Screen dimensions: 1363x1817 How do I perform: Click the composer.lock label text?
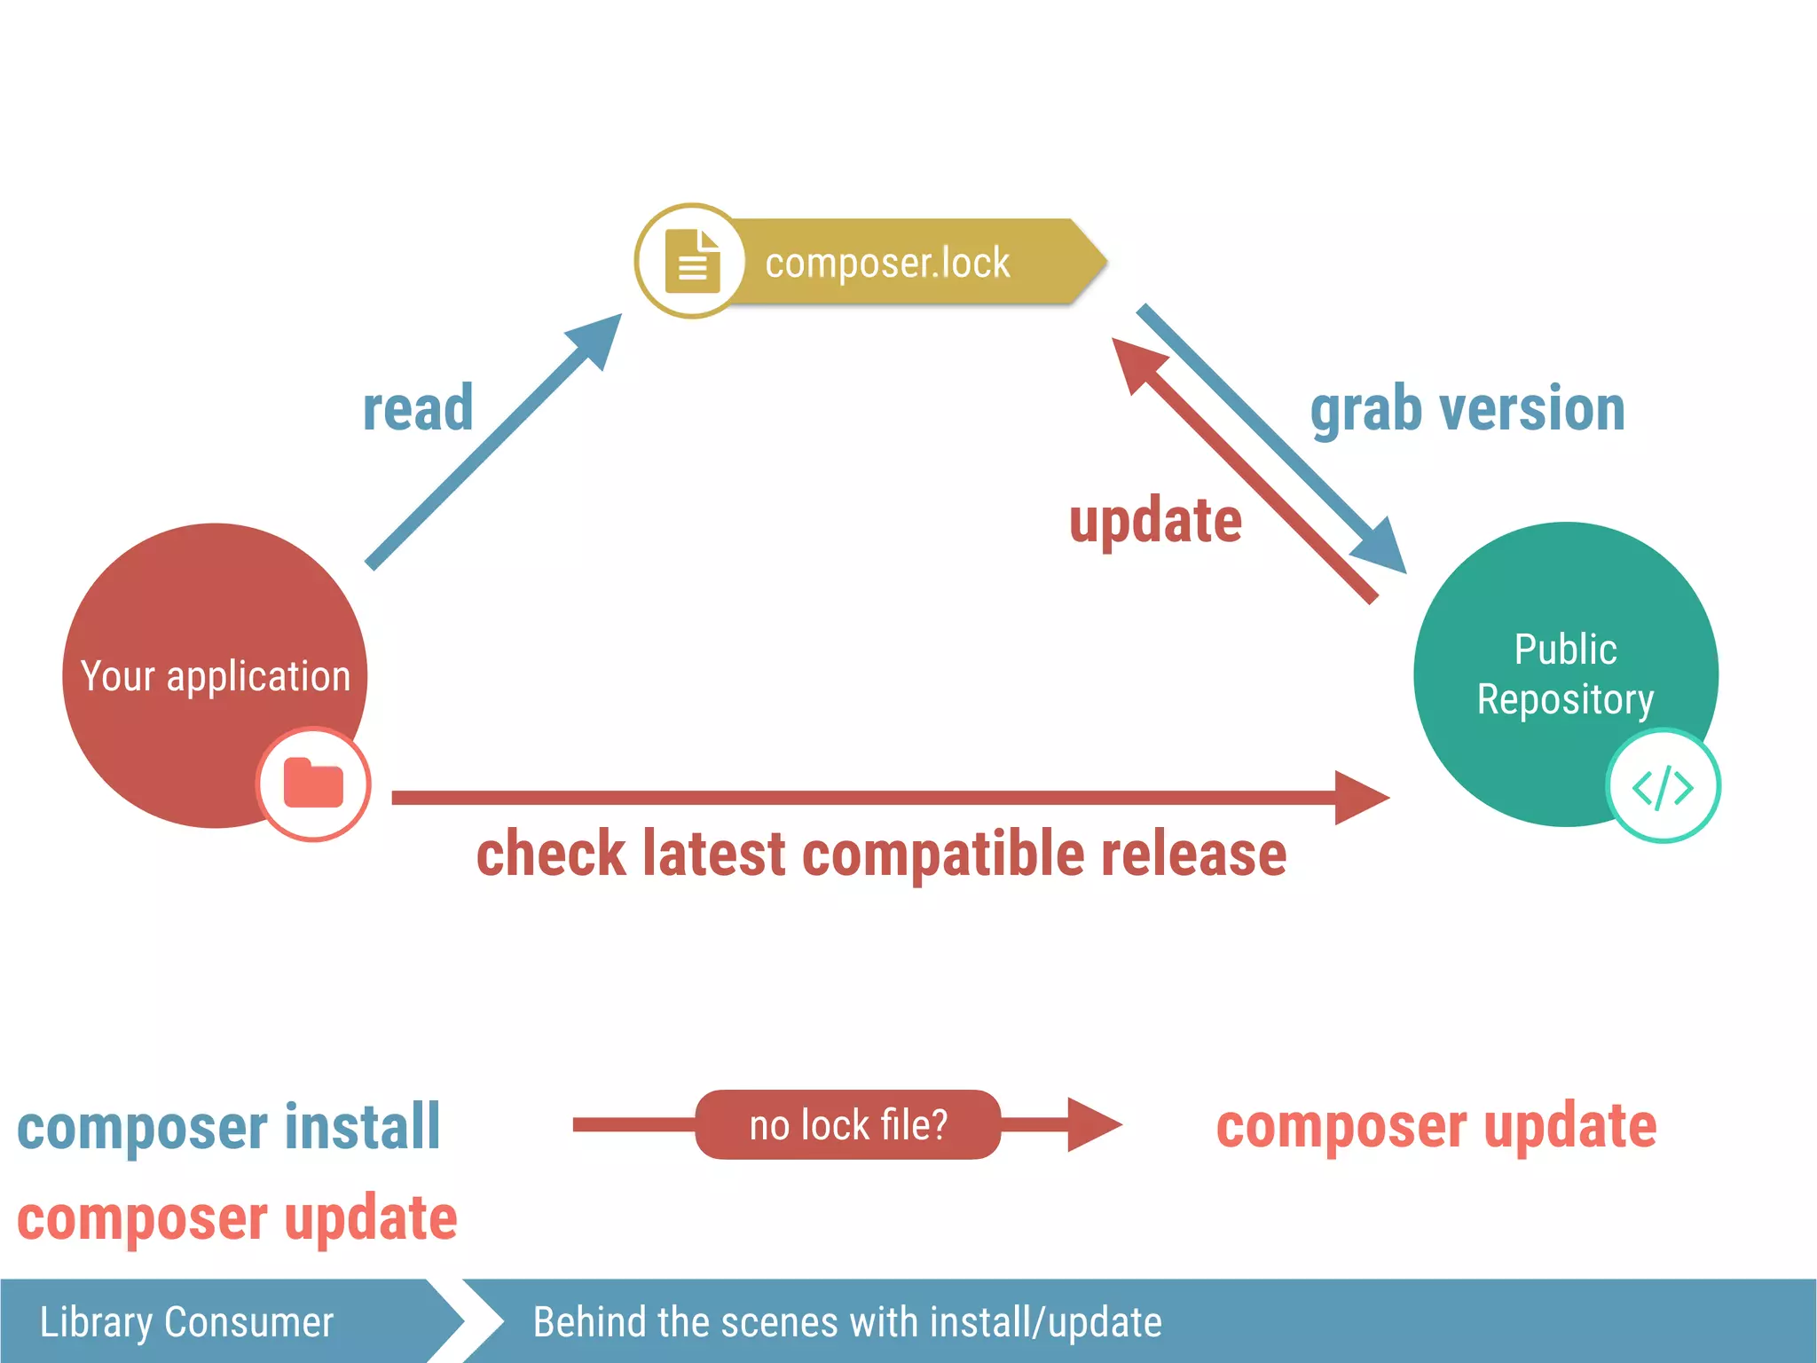point(887,263)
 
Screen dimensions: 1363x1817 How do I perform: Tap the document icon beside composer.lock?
point(692,261)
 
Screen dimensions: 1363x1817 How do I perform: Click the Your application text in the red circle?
point(216,676)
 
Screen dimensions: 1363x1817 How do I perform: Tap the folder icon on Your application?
point(313,784)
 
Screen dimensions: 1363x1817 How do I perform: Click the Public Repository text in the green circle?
point(1565,674)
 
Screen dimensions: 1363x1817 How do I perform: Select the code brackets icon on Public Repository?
point(1663,786)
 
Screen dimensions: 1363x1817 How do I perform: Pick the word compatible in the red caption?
point(944,854)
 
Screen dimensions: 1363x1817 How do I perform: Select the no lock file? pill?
point(848,1124)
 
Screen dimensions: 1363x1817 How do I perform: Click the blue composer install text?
point(229,1127)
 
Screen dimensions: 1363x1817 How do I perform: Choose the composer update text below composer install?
point(237,1217)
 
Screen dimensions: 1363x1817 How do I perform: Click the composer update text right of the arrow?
point(1436,1127)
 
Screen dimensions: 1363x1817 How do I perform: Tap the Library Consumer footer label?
point(187,1322)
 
